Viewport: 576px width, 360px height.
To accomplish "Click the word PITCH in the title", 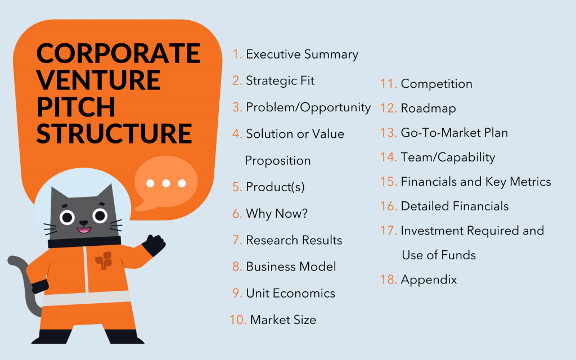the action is coord(76,107).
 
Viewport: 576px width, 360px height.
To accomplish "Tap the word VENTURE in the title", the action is coord(98,80).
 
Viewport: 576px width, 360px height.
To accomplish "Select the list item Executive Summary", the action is coord(302,55).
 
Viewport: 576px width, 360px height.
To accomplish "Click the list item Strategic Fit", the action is coord(280,81).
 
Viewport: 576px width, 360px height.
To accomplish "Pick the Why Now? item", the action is coord(277,213).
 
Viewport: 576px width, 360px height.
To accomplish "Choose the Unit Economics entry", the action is coord(291,293).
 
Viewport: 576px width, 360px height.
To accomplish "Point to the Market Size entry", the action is coord(283,319).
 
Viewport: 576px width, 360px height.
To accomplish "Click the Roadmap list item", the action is coord(428,109).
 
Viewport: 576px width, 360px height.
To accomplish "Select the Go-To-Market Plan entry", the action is coord(454,133).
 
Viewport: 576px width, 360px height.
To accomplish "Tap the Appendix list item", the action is coord(429,280).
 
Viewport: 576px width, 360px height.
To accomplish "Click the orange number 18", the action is coord(389,280).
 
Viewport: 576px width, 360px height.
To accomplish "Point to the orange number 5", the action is coord(237,187).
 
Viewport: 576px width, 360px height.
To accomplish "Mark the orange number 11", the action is coord(389,84).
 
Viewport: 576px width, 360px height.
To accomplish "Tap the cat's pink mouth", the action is coord(84,230).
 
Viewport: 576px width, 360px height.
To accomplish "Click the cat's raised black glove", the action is coord(154,245).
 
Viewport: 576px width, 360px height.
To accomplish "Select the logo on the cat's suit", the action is coord(103,260).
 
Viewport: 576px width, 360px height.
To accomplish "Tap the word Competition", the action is coord(436,84).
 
